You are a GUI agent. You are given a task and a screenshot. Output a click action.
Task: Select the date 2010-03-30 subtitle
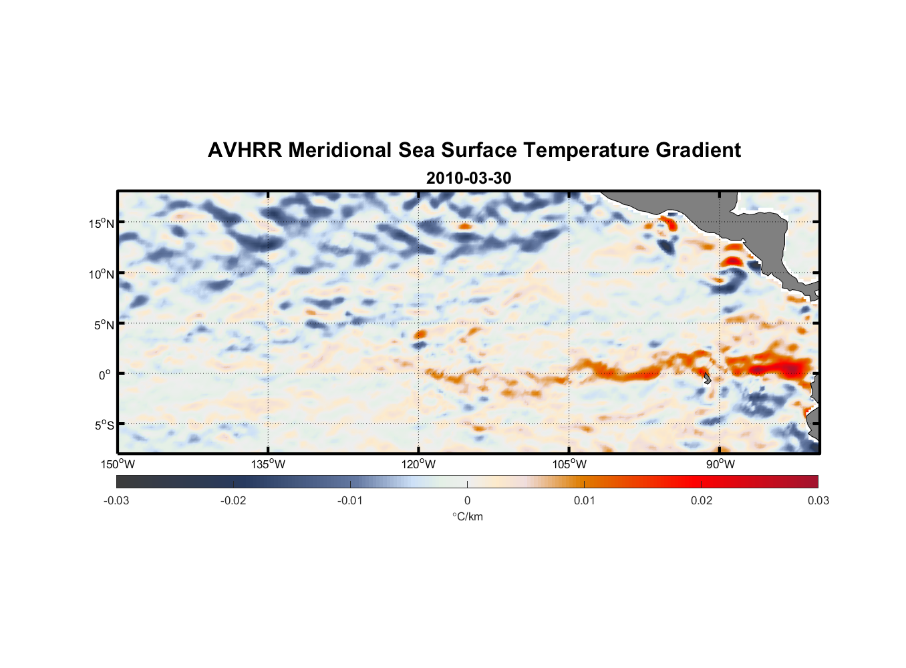pyautogui.click(x=468, y=178)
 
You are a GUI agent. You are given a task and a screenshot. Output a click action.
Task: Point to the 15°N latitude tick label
pyautogui.click(x=102, y=223)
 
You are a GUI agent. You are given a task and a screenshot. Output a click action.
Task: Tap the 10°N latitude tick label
pyautogui.click(x=102, y=274)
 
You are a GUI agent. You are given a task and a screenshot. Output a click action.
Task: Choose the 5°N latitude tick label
pyautogui.click(x=104, y=325)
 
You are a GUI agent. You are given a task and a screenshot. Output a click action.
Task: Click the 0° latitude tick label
pyautogui.click(x=104, y=375)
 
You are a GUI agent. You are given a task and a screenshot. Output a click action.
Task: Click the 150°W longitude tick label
pyautogui.click(x=118, y=464)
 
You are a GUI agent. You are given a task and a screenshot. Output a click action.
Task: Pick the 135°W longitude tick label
pyautogui.click(x=269, y=464)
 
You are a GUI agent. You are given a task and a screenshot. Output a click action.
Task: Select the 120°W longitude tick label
pyautogui.click(x=419, y=464)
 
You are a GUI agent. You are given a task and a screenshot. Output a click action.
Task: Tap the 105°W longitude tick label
pyautogui.click(x=569, y=464)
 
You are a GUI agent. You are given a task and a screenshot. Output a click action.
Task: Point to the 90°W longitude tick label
pyautogui.click(x=720, y=464)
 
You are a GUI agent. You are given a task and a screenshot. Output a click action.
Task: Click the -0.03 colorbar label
pyautogui.click(x=116, y=500)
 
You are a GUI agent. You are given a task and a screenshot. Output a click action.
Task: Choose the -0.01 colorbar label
pyautogui.click(x=350, y=500)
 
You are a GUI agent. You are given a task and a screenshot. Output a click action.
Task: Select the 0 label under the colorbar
pyautogui.click(x=467, y=500)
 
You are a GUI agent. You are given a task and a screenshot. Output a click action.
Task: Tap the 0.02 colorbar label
pyautogui.click(x=702, y=500)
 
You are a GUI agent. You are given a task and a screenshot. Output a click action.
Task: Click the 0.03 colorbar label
pyautogui.click(x=818, y=500)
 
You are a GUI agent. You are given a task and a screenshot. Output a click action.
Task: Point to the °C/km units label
pyautogui.click(x=468, y=516)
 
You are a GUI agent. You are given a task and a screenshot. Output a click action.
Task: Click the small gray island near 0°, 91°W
pyautogui.click(x=707, y=378)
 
